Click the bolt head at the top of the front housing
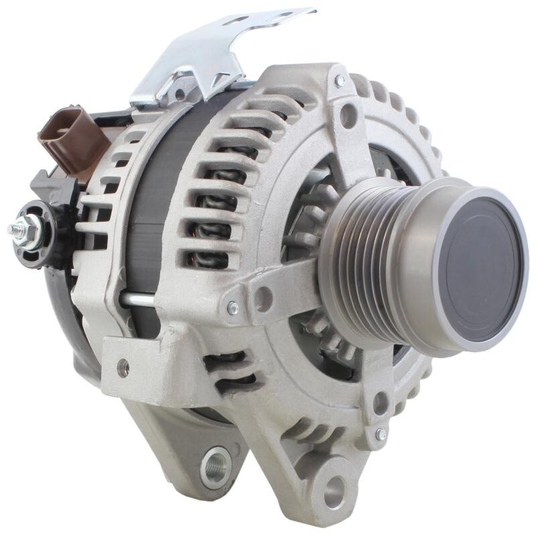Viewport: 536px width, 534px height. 340,80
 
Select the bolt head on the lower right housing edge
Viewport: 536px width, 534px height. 381,435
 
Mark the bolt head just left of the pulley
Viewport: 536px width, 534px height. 232,308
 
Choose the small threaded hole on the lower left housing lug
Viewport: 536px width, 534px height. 123,366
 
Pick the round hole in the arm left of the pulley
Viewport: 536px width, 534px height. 263,297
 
